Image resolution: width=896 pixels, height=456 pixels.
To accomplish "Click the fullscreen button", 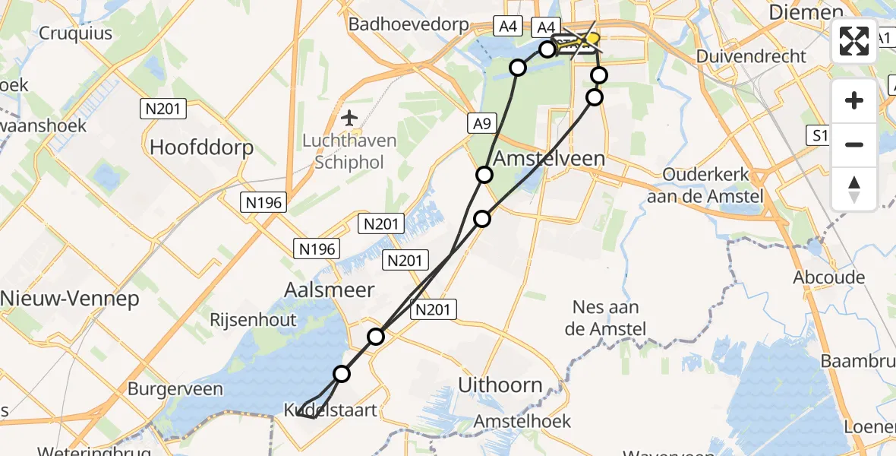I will [x=854, y=41].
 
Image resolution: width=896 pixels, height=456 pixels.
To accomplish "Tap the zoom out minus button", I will [x=854, y=144].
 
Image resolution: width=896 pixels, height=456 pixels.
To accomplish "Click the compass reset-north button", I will [x=854, y=188].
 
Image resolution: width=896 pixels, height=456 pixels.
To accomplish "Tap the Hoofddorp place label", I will [x=201, y=147].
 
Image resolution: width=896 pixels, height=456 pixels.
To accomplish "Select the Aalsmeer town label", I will [x=330, y=290].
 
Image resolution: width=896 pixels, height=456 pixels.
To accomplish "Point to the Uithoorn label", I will [x=500, y=385].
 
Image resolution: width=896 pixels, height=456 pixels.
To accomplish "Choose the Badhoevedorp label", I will [x=409, y=24].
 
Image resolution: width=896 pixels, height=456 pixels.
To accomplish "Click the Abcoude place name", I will [x=829, y=277].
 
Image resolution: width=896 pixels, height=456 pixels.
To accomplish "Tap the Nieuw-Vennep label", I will [x=70, y=299].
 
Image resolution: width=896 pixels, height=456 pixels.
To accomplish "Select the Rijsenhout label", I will [x=254, y=320].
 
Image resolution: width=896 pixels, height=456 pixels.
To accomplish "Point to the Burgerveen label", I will [x=175, y=390].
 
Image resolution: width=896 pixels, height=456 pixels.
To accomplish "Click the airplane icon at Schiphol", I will [x=349, y=118].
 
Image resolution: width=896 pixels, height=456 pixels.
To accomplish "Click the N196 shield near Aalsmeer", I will [x=318, y=249].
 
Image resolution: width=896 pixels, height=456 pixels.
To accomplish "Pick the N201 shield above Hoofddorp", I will [x=163, y=109].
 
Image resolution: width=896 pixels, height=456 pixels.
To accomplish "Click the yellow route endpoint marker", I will [x=592, y=38].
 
